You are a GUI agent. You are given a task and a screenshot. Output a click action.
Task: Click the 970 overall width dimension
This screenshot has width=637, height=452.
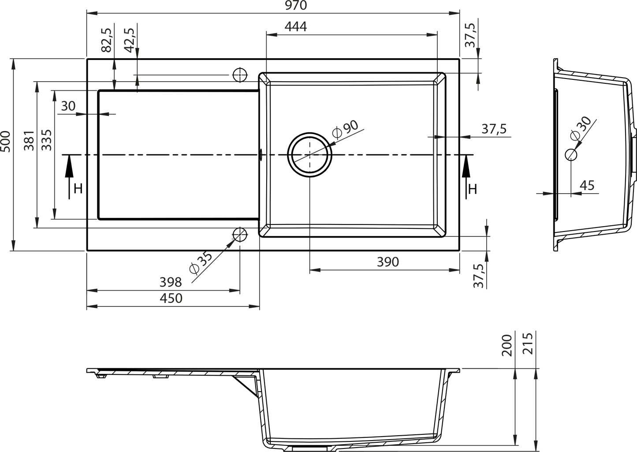[296, 5]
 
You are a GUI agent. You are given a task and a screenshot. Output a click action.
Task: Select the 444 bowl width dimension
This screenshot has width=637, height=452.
[296, 27]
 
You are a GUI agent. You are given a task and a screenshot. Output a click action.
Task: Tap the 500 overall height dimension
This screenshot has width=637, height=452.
[5, 142]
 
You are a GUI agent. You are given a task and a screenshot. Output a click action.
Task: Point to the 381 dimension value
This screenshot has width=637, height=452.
[29, 141]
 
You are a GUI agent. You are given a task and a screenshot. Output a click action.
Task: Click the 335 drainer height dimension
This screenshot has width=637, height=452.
[47, 140]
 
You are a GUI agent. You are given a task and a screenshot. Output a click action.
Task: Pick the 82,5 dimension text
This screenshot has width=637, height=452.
[107, 40]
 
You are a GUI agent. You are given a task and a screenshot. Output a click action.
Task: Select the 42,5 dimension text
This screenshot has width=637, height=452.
[130, 40]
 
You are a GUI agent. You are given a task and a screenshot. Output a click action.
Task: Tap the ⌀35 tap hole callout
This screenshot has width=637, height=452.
[201, 263]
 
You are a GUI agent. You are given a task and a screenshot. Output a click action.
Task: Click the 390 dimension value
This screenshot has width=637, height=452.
[388, 262]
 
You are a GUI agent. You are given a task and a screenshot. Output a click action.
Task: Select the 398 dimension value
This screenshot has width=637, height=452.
[171, 282]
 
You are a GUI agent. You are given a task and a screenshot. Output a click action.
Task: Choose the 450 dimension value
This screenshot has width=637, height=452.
[171, 298]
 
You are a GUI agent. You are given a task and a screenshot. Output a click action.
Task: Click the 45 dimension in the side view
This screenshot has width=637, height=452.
[587, 186]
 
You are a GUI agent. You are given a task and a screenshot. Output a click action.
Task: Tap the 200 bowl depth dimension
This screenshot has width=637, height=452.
[507, 345]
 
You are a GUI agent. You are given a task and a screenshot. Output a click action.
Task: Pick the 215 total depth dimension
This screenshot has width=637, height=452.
[528, 344]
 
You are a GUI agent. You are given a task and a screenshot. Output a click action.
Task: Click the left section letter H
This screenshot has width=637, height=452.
[78, 188]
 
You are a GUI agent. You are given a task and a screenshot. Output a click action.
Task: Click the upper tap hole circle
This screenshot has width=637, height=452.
[240, 75]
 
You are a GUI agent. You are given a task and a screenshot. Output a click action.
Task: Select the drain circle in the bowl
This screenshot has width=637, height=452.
[310, 133]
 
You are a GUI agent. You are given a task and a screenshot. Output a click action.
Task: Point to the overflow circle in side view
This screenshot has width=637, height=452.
[571, 155]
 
